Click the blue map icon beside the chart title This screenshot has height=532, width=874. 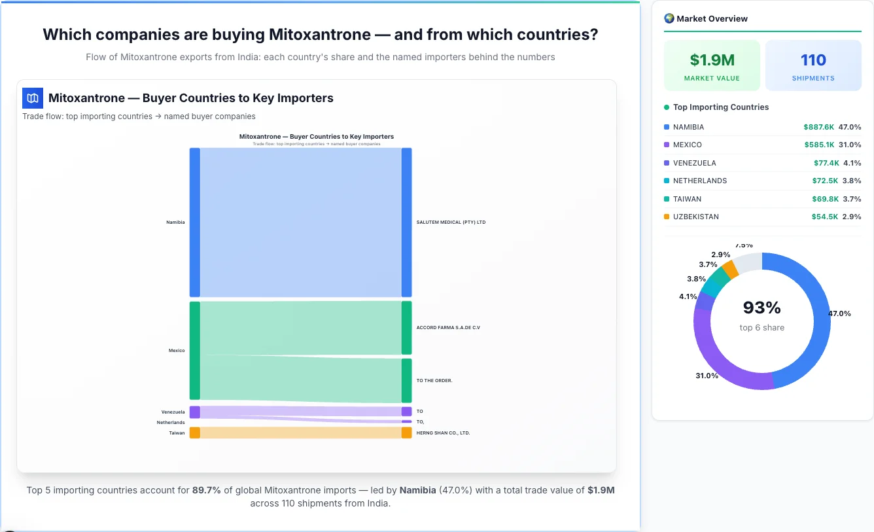[33, 98]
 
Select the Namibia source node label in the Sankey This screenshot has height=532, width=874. [175, 222]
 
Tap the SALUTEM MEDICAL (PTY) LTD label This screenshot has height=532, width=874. [451, 222]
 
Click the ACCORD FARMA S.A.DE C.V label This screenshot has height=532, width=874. [448, 328]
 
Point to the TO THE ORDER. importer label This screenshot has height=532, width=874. [434, 380]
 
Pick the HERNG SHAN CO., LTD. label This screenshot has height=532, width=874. [443, 433]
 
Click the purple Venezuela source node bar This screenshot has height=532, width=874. [194, 412]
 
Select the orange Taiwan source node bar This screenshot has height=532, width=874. [194, 433]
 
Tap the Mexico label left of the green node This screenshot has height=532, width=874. [177, 351]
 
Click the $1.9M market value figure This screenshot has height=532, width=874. [712, 60]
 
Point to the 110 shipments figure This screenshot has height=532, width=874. [813, 60]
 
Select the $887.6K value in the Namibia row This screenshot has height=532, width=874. [818, 127]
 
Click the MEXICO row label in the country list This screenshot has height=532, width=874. [687, 145]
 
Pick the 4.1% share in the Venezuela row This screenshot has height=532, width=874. [852, 163]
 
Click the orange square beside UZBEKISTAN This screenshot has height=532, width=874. [667, 217]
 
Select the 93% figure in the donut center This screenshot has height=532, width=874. [761, 308]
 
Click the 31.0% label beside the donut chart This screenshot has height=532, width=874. [707, 376]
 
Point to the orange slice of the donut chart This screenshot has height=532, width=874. [730, 269]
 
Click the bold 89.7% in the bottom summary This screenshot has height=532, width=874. [206, 490]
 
